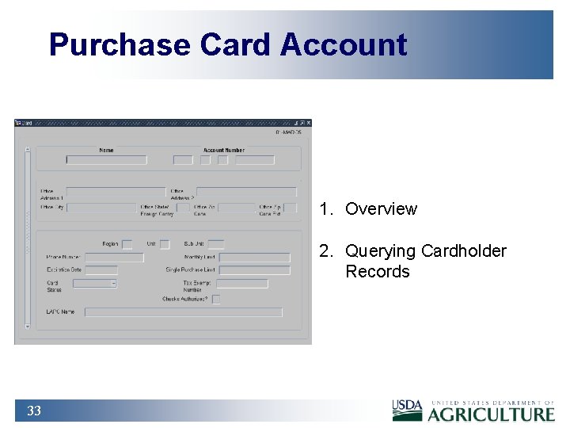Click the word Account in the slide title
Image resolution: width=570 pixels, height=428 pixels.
coord(344,44)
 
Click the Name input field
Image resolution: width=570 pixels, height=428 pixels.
coord(107,160)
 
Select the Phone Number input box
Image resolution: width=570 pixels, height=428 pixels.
coord(114,258)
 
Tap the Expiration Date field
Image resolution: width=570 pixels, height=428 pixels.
coord(101,270)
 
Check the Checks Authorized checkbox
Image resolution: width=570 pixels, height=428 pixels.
coord(216,299)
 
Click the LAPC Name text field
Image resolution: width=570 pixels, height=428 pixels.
coord(183,312)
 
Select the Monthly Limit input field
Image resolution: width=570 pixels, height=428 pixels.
coord(254,258)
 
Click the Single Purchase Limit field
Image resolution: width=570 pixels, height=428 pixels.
coord(254,270)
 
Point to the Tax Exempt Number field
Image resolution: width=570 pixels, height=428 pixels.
coord(241,283)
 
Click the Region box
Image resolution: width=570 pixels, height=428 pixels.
coord(127,244)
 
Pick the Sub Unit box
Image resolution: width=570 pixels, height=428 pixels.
coord(215,244)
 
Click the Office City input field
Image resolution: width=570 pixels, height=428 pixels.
coord(101,208)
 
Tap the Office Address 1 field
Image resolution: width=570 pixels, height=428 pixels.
coord(116,191)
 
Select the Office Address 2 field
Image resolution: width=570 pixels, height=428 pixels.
coord(246,191)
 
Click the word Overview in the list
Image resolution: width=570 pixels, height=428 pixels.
coord(381,209)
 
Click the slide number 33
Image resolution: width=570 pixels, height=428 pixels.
coord(33,411)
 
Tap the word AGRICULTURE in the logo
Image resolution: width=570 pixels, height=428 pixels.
coord(492,414)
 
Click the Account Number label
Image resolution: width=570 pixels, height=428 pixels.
coord(224,150)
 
